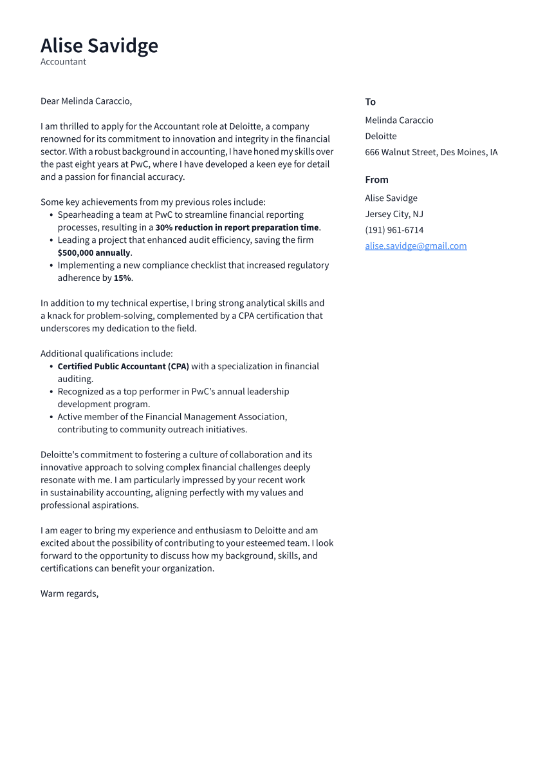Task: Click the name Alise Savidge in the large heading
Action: point(99,46)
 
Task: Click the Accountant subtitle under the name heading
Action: point(63,62)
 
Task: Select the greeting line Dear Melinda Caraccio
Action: point(86,101)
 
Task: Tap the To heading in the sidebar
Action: point(370,102)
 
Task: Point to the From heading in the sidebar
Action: point(376,180)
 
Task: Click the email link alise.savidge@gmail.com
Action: point(416,246)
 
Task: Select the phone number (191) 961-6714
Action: point(394,230)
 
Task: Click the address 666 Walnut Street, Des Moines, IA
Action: point(431,153)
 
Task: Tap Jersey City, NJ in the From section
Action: point(394,214)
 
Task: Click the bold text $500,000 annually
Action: point(94,253)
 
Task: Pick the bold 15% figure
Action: point(122,278)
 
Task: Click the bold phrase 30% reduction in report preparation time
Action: point(237,227)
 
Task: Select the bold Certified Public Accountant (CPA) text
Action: point(124,367)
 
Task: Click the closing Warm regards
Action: point(69,593)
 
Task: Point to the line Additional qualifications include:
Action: point(107,354)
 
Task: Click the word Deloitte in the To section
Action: point(381,137)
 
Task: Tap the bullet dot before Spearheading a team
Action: point(51,215)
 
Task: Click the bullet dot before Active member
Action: point(51,417)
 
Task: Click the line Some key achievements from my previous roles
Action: point(152,202)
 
